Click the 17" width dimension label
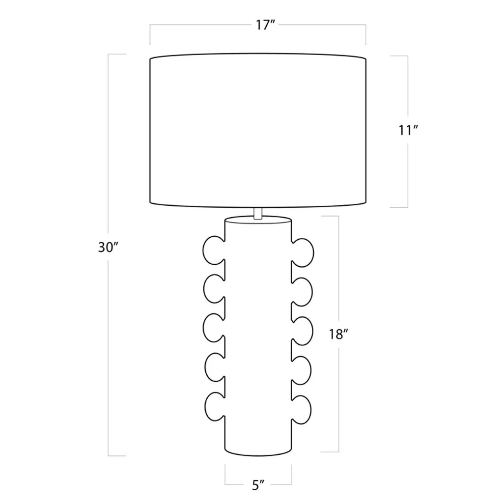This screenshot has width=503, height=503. [265, 25]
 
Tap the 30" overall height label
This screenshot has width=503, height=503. [109, 248]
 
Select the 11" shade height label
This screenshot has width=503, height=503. [408, 130]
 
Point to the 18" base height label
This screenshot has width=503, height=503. [338, 334]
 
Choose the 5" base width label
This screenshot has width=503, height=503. [258, 486]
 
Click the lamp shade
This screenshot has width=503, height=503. [258, 130]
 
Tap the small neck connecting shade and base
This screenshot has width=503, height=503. [258, 213]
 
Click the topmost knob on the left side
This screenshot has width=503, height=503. [213, 251]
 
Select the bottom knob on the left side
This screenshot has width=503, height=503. [214, 406]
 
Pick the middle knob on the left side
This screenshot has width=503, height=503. [213, 328]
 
